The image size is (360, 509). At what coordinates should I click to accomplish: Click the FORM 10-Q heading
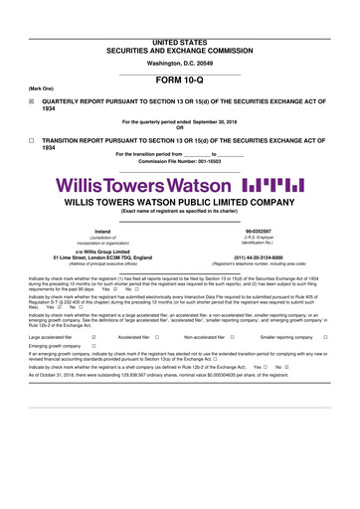click(179, 84)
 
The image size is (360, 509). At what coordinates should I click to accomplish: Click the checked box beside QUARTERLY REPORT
click(31, 101)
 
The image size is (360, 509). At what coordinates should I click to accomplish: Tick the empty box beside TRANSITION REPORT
click(31, 140)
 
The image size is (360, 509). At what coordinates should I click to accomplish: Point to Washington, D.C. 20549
click(179, 36)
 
